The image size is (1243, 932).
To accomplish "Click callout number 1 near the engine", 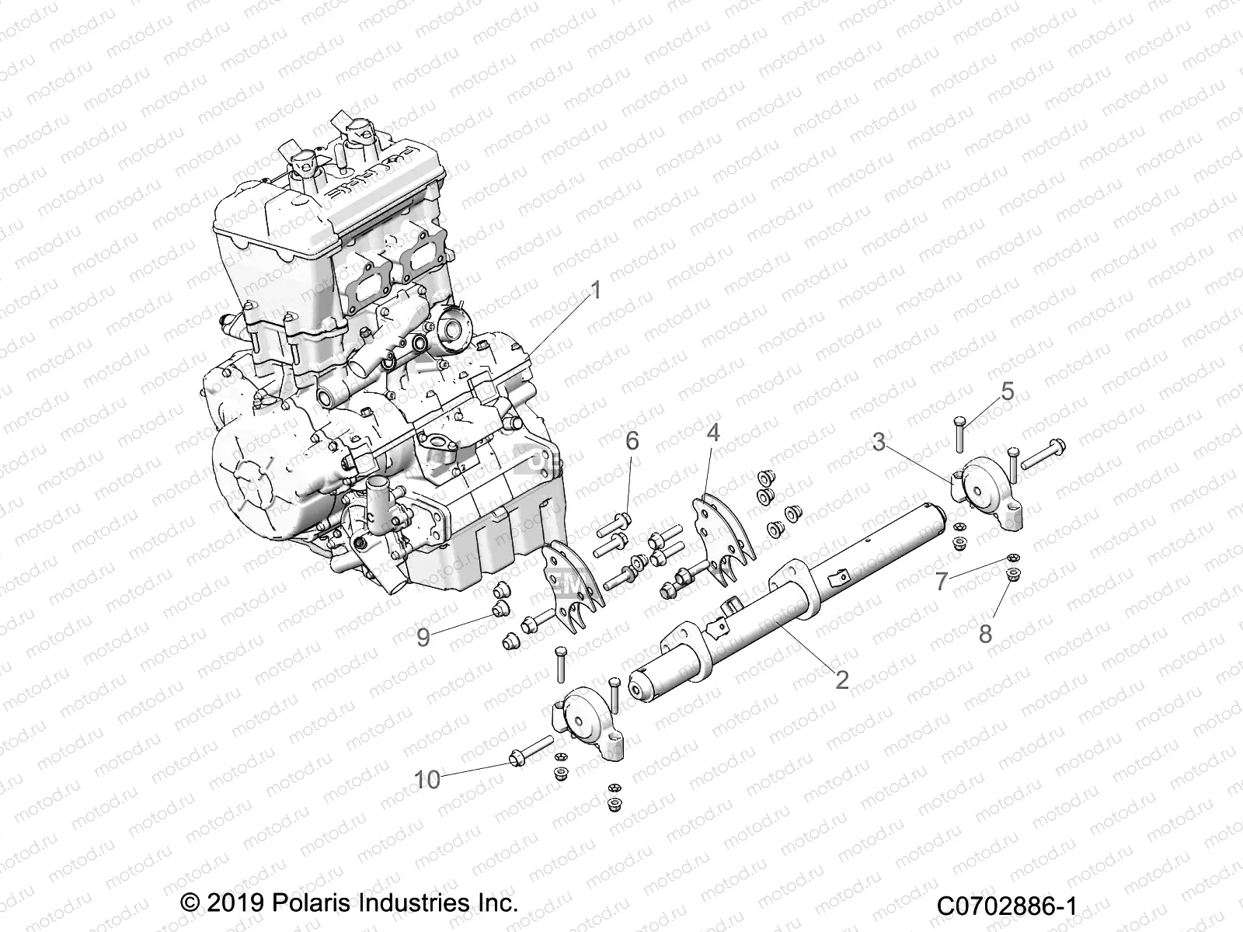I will point(596,291).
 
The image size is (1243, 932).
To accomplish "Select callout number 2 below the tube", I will point(841,680).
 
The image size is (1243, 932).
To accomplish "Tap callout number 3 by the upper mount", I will point(879,442).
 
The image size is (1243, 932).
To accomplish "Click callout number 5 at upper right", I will point(1007,391).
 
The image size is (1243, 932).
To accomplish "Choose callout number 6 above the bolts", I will point(632,441).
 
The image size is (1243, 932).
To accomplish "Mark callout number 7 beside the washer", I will point(942,581).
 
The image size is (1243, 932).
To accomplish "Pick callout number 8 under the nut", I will point(985,635).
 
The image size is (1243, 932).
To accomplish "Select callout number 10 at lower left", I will point(428,779).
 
